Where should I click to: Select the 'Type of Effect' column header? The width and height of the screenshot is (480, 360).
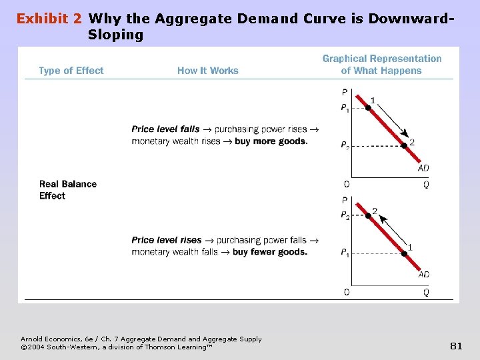click(71, 71)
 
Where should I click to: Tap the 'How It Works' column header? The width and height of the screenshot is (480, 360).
click(207, 71)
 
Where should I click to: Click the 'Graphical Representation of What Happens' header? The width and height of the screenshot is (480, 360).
click(381, 65)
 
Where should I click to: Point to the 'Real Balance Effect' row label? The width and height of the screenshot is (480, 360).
click(67, 190)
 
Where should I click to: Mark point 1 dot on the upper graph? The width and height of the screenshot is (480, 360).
click(368, 107)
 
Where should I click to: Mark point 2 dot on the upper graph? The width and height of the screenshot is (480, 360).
click(403, 145)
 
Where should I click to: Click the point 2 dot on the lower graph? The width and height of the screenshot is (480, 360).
click(368, 215)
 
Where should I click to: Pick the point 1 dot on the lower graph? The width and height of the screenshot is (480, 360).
click(403, 253)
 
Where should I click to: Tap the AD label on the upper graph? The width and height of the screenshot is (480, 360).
click(423, 168)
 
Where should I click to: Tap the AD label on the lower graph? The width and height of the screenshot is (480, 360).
click(423, 275)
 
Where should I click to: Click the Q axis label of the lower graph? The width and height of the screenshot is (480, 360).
click(426, 292)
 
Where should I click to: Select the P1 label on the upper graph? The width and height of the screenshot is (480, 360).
click(345, 108)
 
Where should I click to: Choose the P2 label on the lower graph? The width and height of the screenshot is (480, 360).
click(345, 216)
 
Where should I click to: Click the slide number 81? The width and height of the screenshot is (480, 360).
click(456, 345)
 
